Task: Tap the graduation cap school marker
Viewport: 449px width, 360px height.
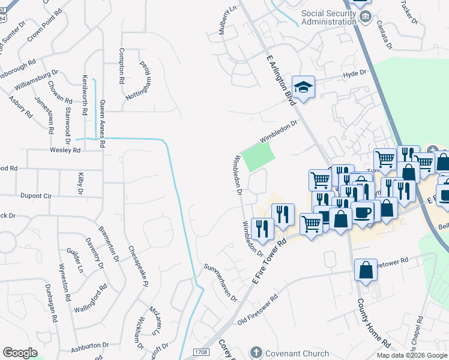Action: tap(304, 88)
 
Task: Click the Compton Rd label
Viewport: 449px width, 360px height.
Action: tap(122, 65)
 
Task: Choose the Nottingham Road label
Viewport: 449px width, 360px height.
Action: tap(136, 80)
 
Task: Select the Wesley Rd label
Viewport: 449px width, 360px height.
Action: tap(65, 150)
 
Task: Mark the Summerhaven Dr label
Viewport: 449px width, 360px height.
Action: tap(220, 283)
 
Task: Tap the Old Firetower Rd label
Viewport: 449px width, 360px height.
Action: tap(258, 309)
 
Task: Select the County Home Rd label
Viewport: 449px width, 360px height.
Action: tap(373, 322)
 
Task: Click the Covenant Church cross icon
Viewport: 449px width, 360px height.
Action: tap(256, 353)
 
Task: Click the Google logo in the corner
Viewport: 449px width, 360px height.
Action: tap(20, 353)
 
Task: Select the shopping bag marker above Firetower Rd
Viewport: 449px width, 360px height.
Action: tap(366, 271)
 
